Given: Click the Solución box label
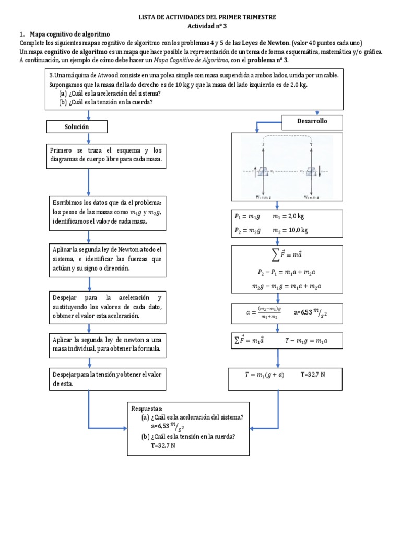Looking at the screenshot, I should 77,127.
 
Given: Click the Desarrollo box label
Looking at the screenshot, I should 312,122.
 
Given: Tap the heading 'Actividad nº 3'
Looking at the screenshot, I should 207,26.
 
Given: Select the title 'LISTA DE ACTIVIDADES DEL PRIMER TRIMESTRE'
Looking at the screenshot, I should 207,17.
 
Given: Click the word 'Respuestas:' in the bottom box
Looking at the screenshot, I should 148,408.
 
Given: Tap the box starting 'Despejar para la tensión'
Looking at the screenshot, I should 107,379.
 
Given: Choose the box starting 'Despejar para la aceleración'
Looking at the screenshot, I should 107,306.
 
